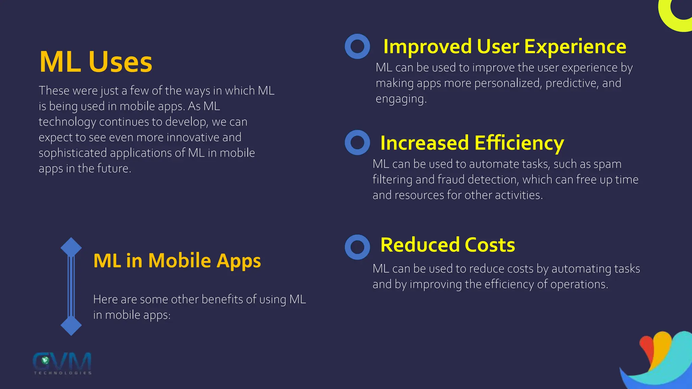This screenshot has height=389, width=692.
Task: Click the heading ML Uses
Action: click(x=96, y=62)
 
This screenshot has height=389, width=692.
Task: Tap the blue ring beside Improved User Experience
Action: click(x=357, y=47)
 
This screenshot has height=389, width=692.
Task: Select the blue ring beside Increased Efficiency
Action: click(x=357, y=142)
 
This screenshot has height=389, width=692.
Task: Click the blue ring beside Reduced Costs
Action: click(x=357, y=247)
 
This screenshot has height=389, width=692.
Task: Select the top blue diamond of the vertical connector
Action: click(x=71, y=248)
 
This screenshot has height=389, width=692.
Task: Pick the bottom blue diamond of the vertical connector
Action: click(x=71, y=326)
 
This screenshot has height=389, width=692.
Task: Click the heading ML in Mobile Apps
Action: click(x=177, y=261)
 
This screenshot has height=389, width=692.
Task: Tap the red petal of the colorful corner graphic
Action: click(x=646, y=348)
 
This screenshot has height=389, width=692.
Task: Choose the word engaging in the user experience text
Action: click(x=401, y=99)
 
